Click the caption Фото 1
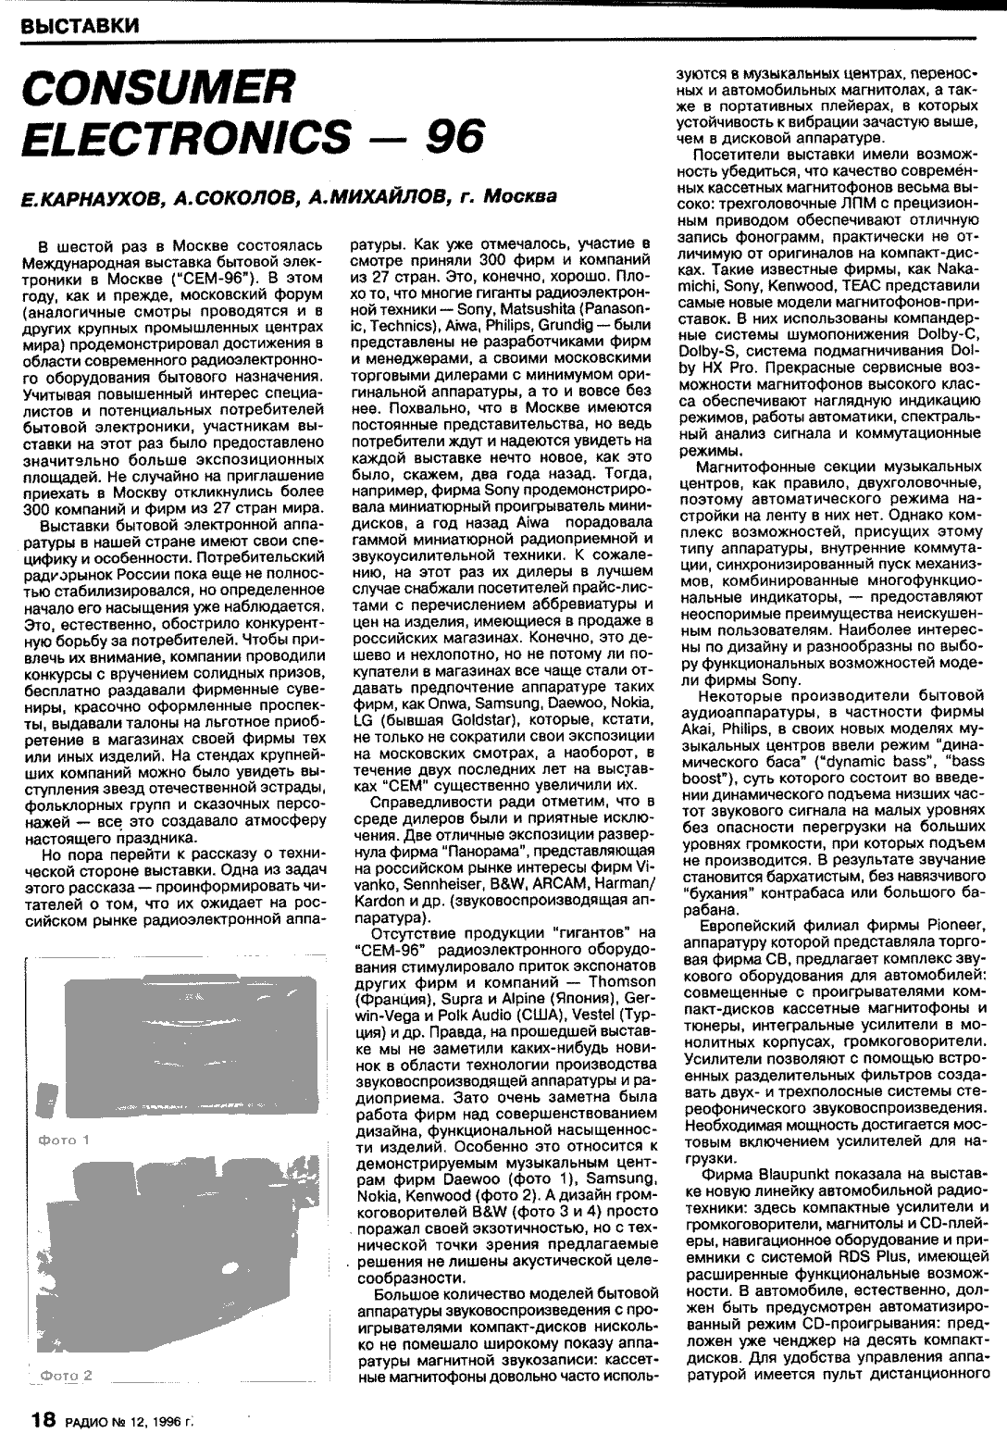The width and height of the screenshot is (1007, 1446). pyautogui.click(x=63, y=1140)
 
